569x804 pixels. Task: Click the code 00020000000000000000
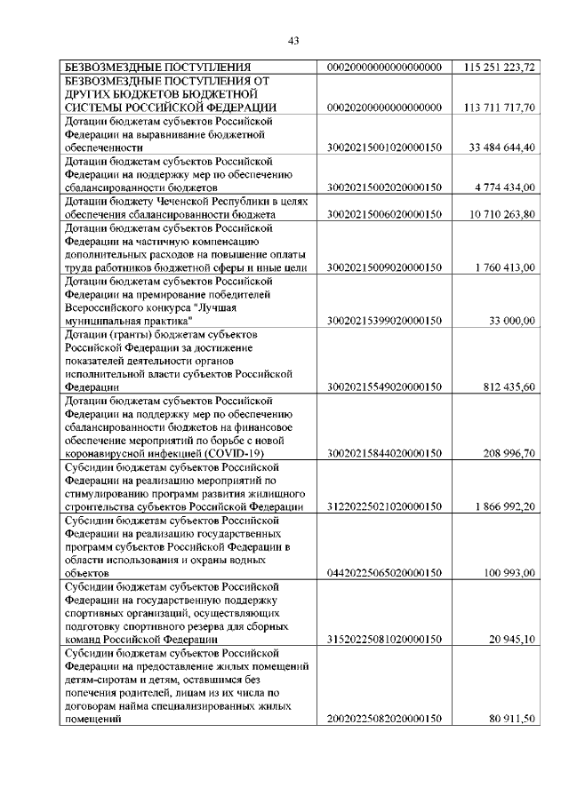(x=385, y=68)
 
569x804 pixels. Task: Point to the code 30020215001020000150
(x=385, y=147)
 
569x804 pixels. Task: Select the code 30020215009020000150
(x=385, y=267)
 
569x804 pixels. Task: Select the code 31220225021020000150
(x=385, y=506)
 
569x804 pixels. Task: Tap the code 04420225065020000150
(x=385, y=574)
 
